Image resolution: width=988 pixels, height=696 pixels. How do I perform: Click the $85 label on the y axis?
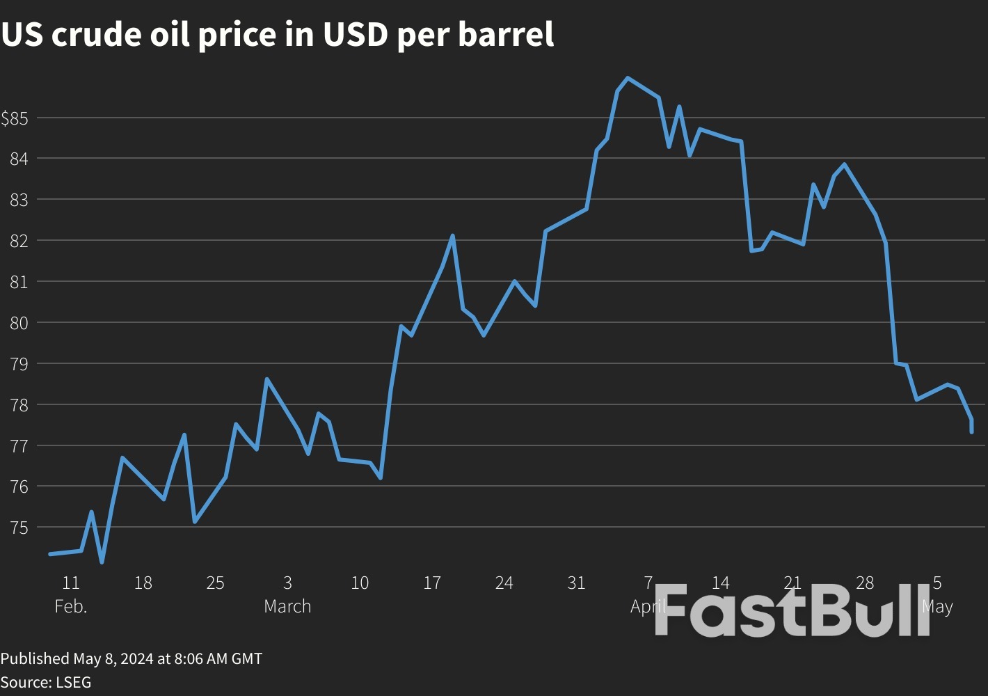(x=14, y=118)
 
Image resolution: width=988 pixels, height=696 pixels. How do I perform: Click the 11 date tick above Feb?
(x=71, y=583)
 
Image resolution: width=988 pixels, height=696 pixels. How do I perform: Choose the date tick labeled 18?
(x=143, y=583)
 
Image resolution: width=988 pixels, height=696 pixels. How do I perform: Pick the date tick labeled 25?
(x=215, y=583)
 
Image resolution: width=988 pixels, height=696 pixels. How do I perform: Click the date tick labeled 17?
(x=432, y=583)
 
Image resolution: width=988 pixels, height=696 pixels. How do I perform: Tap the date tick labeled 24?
(x=504, y=583)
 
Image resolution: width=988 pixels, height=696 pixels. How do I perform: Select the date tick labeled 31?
(x=576, y=583)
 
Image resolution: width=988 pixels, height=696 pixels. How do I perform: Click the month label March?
(x=287, y=606)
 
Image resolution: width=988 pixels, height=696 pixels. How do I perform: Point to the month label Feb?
(x=71, y=606)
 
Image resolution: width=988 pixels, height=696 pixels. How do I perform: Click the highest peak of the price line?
(x=628, y=78)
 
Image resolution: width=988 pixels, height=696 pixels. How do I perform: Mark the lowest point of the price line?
(x=102, y=562)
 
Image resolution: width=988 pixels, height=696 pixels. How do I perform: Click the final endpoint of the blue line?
(x=971, y=432)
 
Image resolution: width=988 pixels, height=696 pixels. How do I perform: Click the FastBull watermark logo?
(x=792, y=611)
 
